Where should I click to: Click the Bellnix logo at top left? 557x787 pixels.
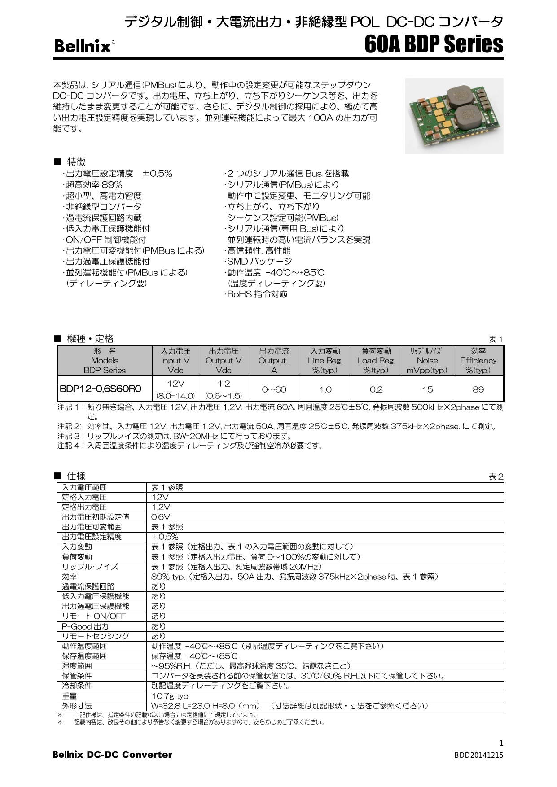[x=83, y=47]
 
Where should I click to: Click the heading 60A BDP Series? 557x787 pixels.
[x=434, y=44]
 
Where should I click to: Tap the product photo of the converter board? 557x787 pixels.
[x=454, y=116]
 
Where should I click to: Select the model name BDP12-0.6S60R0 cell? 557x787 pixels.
[x=100, y=389]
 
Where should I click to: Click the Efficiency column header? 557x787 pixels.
[x=478, y=360]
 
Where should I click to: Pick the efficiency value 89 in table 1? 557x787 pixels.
[x=478, y=389]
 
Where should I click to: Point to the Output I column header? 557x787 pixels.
[x=274, y=360]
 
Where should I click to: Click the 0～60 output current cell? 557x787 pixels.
[x=274, y=389]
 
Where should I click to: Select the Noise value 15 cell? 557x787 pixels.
[x=427, y=389]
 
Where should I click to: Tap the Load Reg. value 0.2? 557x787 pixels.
[x=376, y=389]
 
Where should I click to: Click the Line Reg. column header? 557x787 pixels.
[x=325, y=360]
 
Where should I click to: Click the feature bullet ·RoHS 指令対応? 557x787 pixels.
[x=256, y=294]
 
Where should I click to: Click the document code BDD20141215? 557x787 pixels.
[x=479, y=756]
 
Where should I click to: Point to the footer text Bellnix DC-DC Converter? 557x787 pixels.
[x=113, y=755]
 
